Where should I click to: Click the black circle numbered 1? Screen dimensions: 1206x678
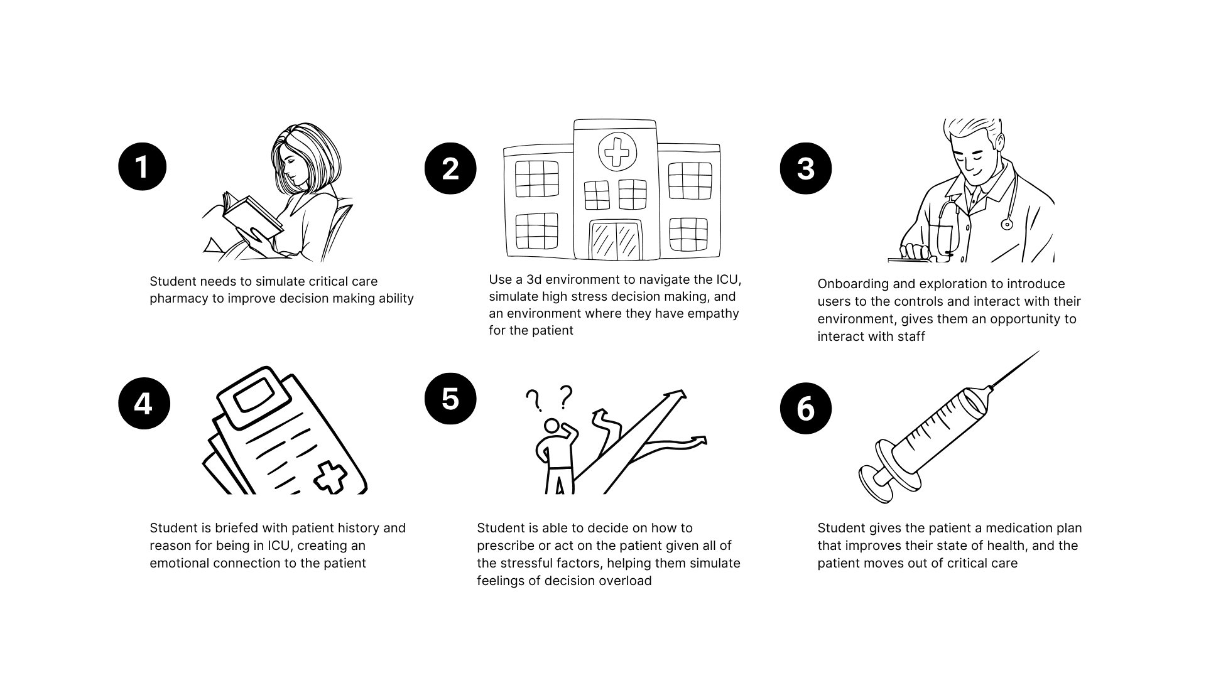pos(143,166)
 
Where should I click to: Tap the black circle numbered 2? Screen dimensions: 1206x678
pos(450,168)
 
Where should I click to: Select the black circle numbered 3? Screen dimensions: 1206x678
pos(806,168)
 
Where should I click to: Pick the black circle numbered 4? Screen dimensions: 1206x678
pos(144,403)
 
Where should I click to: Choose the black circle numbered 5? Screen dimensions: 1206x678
pos(450,399)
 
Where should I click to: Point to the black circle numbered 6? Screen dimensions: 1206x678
pos(806,408)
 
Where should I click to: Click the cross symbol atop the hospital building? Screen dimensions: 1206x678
pos(617,151)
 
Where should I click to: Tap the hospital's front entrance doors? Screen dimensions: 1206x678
pos(616,240)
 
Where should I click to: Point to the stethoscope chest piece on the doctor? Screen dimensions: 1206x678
pos(1007,223)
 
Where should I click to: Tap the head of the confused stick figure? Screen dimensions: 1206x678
pos(552,426)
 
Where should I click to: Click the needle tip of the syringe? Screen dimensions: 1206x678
pos(1038,352)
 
